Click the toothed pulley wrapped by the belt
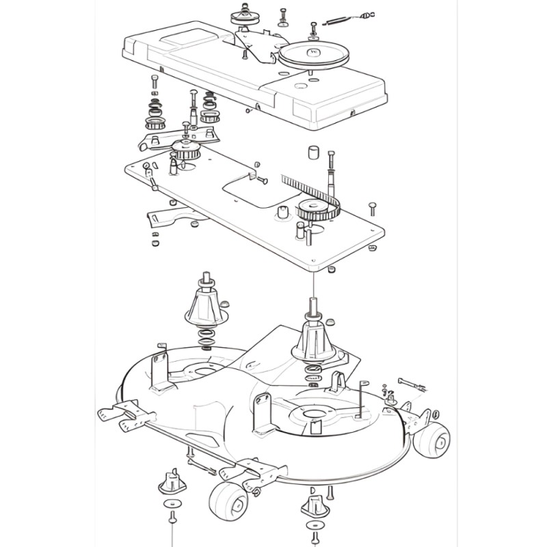(x=316, y=211)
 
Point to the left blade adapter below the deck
(x=172, y=481)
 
